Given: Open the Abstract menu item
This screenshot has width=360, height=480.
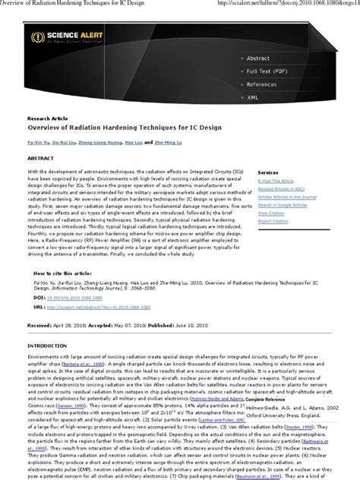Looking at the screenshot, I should (x=257, y=58).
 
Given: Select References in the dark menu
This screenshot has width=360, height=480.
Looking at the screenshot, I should (x=261, y=84).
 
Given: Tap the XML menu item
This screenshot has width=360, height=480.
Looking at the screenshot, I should (x=253, y=97).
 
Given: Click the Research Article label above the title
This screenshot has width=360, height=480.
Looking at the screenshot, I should (x=46, y=119).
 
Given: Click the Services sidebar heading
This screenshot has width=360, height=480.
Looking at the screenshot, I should (x=268, y=173).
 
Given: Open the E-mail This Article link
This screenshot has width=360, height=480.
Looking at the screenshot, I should (x=276, y=182).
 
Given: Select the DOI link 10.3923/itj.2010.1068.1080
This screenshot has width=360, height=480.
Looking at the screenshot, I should (x=80, y=298).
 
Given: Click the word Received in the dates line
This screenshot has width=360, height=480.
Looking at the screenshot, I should (x=39, y=324).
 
